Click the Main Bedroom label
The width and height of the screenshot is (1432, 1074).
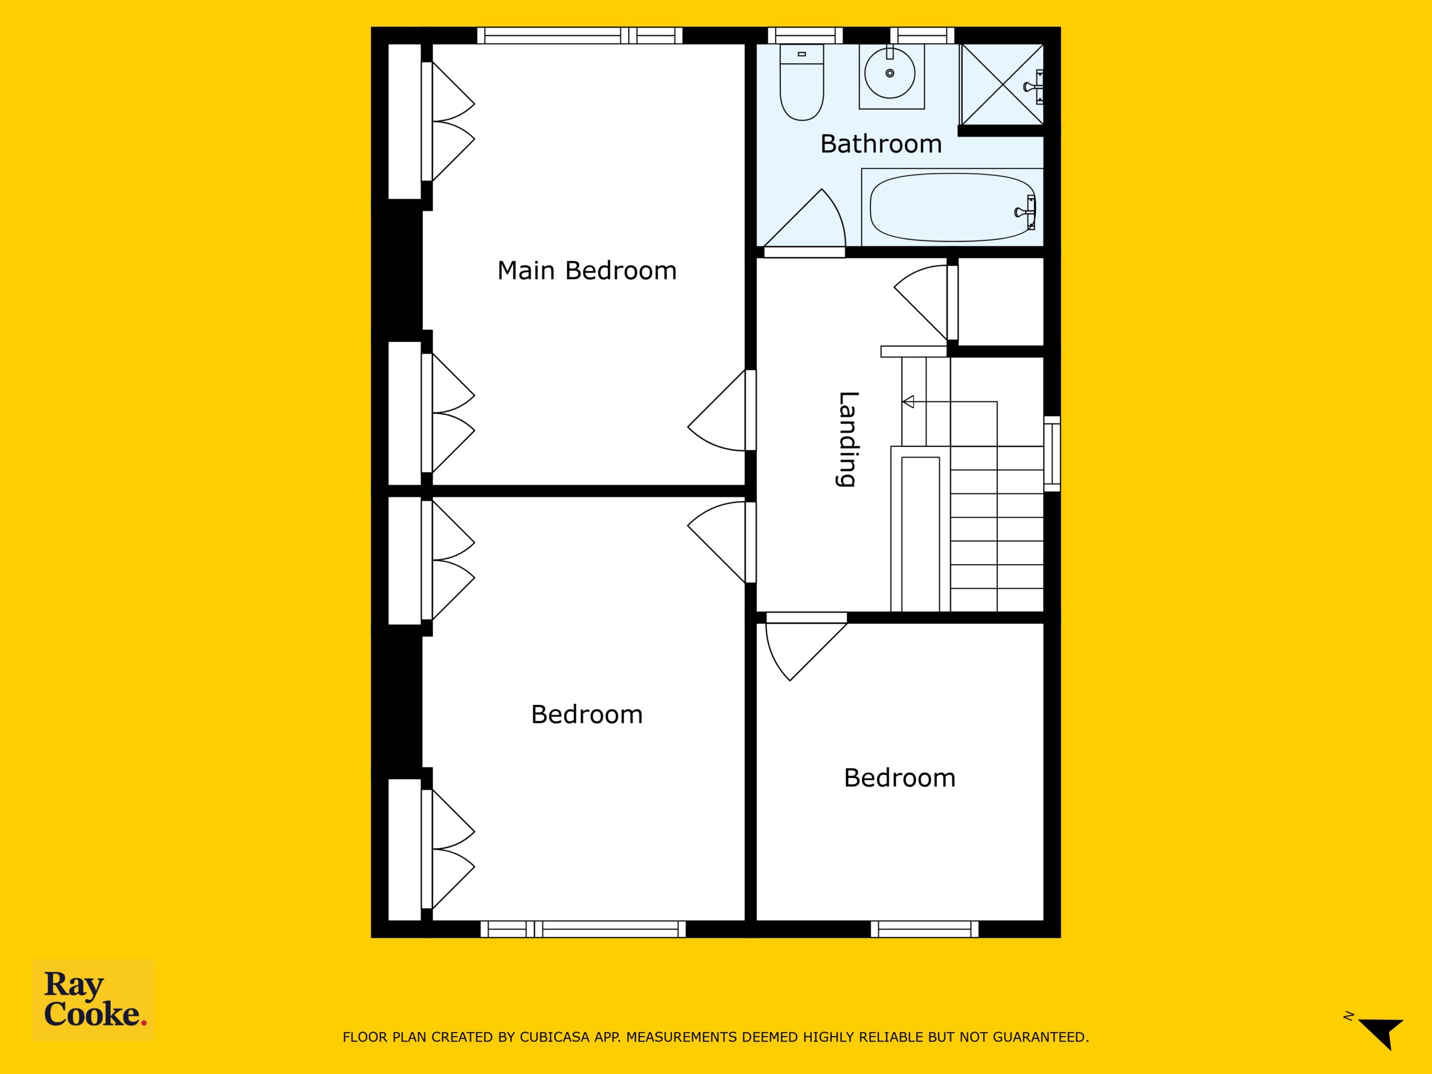pos(587,271)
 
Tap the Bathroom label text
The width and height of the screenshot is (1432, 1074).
pos(880,144)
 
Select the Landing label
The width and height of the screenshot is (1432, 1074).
pos(847,439)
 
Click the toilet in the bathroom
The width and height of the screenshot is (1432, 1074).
pos(802,82)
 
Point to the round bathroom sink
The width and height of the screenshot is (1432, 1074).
pos(890,74)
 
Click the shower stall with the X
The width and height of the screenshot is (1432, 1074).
pos(1002,84)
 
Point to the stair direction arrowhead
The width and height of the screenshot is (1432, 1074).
pos(908,402)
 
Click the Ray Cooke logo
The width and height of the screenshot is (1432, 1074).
pos(94,1000)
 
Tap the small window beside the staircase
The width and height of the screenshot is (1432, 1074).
pos(1052,451)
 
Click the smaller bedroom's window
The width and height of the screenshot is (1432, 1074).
pos(925,929)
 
